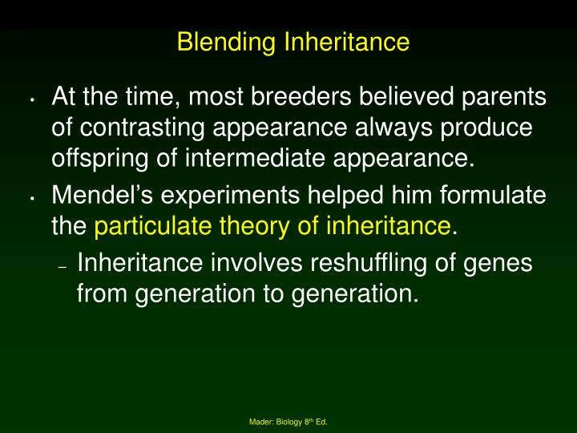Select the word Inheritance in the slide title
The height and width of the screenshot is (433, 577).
pyautogui.click(x=346, y=42)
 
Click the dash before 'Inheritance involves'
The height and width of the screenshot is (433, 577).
pyautogui.click(x=62, y=266)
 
